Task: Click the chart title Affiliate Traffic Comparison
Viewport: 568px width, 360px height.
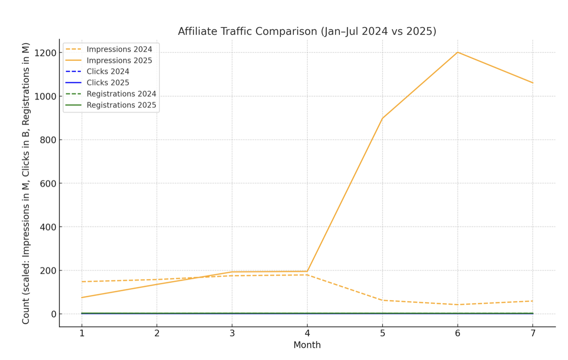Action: tap(307, 31)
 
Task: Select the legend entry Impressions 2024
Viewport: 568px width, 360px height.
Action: tap(119, 49)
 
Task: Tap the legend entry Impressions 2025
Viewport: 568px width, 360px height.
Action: tap(119, 60)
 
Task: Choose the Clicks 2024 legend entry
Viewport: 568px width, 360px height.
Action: tap(108, 72)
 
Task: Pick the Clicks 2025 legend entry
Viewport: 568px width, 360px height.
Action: tap(108, 83)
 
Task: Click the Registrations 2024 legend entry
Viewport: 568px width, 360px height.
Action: tap(121, 94)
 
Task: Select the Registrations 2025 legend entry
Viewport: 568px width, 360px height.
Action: tap(121, 105)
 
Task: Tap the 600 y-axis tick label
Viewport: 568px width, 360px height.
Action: tap(47, 184)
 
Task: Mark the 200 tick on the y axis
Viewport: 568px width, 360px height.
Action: tap(47, 271)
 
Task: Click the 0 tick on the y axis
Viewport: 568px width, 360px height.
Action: tap(53, 314)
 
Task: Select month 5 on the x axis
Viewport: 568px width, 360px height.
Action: tap(382, 333)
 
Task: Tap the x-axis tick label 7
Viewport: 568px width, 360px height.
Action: tap(533, 333)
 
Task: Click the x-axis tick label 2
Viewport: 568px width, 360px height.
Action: tap(157, 333)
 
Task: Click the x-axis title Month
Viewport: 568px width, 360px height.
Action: tap(307, 346)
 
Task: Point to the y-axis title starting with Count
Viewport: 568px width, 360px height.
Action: tap(26, 184)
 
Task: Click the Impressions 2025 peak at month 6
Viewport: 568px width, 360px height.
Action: tap(457, 52)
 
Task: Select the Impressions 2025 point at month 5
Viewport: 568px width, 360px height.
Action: tap(382, 118)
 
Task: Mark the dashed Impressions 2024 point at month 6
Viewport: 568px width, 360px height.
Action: tap(457, 305)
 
